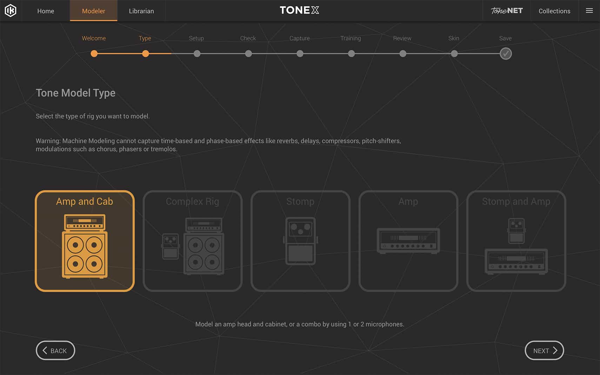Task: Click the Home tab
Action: coord(46,11)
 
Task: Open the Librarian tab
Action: coord(141,11)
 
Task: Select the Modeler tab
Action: coord(93,11)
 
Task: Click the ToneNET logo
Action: coord(507,11)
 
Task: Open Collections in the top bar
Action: coord(554,11)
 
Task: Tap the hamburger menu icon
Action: coord(589,11)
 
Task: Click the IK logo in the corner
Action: coord(11,11)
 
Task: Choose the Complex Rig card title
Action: coord(192,201)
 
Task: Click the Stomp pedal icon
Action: coord(300,241)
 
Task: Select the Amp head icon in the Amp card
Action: coord(408,241)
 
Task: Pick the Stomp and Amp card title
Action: coord(516,201)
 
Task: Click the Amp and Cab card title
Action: coord(85,201)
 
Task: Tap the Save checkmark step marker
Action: coord(506,54)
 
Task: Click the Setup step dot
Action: coord(197,54)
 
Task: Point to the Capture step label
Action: coord(299,38)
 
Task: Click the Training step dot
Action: coord(351,54)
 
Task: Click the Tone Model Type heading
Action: coord(75,93)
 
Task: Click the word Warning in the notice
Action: coord(48,141)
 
